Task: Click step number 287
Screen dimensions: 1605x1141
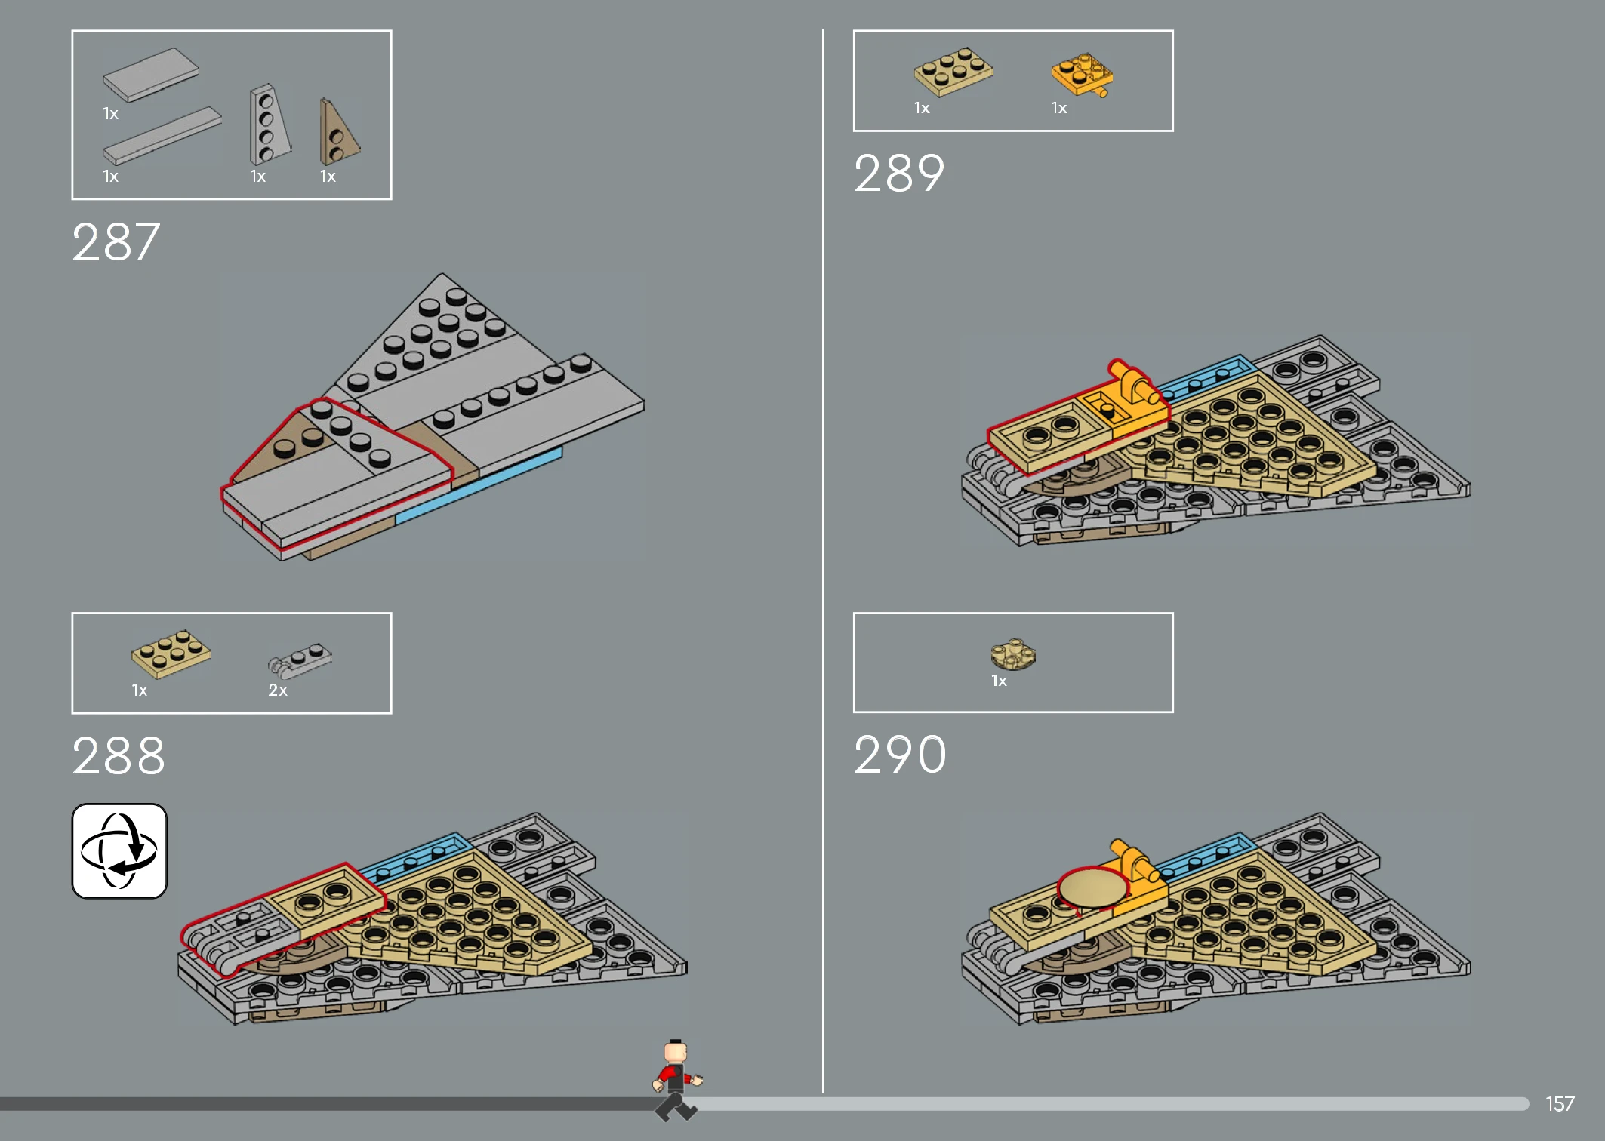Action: pyautogui.click(x=116, y=242)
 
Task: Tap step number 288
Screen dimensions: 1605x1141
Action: pyautogui.click(x=119, y=755)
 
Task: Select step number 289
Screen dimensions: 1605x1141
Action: pyautogui.click(x=899, y=174)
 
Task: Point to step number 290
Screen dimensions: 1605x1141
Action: pyautogui.click(x=900, y=754)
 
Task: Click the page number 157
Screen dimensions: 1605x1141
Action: pyautogui.click(x=1559, y=1104)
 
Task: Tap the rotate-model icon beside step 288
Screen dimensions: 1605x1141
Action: pyautogui.click(x=119, y=850)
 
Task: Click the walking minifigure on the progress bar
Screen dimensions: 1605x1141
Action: pyautogui.click(x=676, y=1080)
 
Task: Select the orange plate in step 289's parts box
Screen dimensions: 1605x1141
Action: pyautogui.click(x=1083, y=74)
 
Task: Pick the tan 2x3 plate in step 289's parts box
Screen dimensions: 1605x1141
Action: pyautogui.click(x=953, y=71)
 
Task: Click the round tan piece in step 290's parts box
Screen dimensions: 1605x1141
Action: pyautogui.click(x=1013, y=654)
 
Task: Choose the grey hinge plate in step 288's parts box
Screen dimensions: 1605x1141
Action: pyautogui.click(x=300, y=660)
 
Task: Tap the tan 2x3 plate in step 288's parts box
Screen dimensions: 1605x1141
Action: pyautogui.click(x=171, y=654)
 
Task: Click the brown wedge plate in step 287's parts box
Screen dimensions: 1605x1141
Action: pyautogui.click(x=337, y=133)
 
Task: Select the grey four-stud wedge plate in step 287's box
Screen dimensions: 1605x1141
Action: pyautogui.click(x=270, y=125)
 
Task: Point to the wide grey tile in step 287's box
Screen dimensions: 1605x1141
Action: pyautogui.click(x=151, y=75)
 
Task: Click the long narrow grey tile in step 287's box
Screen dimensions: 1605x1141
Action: pyautogui.click(x=162, y=135)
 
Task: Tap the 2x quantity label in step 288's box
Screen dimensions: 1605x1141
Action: pyautogui.click(x=278, y=690)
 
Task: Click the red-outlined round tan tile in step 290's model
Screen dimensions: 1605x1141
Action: pyautogui.click(x=1092, y=887)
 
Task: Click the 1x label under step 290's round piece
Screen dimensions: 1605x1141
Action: pyautogui.click(x=999, y=681)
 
